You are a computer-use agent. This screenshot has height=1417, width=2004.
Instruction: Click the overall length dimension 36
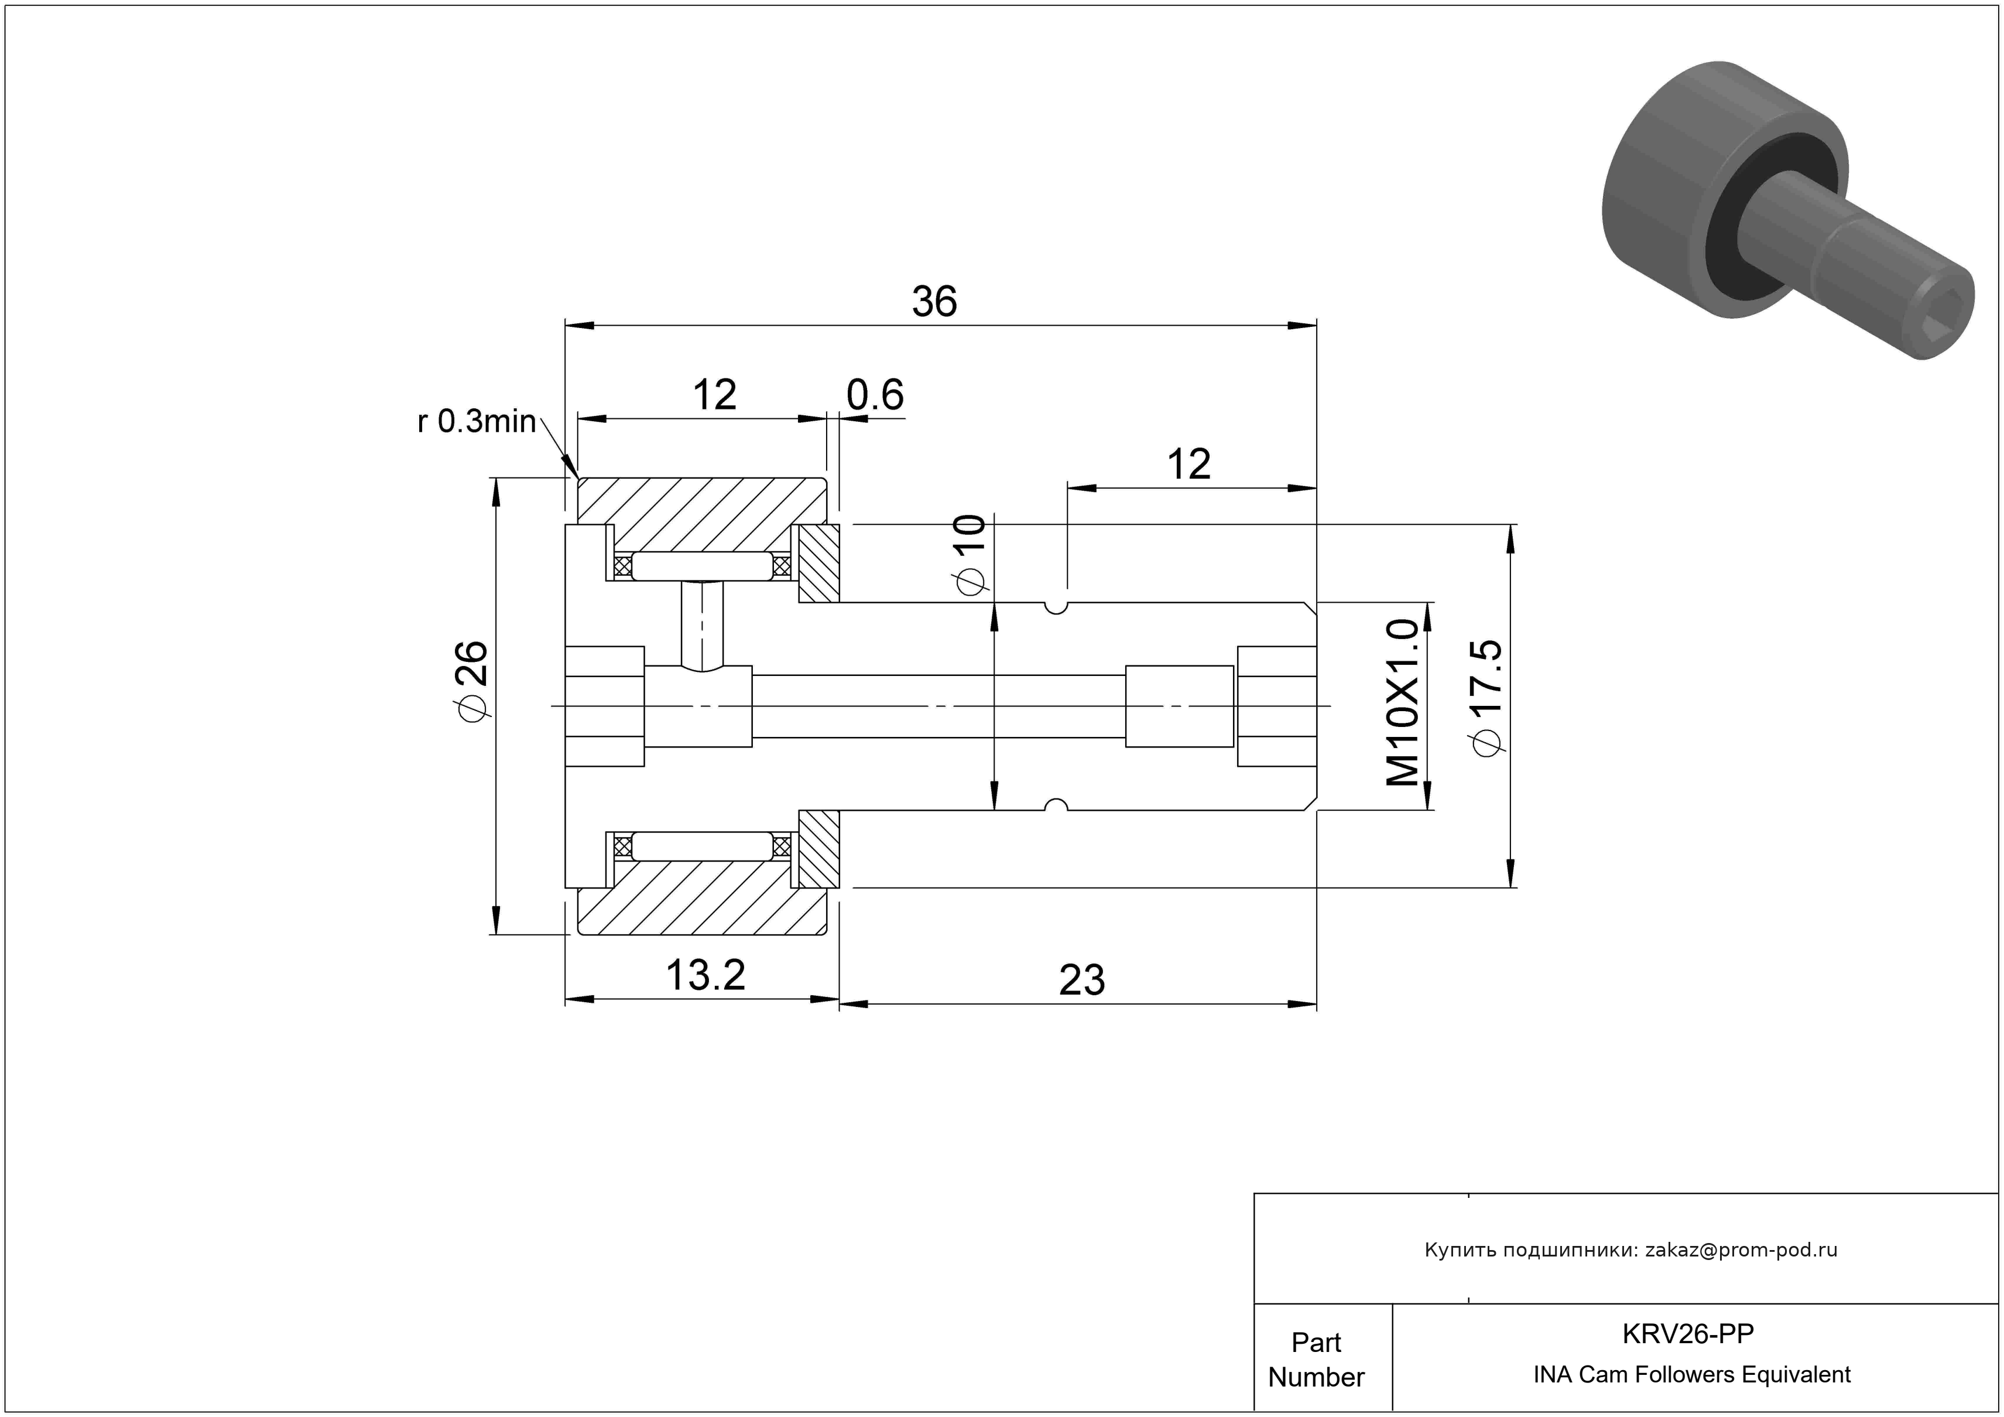coord(935,301)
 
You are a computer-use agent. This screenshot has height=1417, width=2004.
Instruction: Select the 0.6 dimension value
coord(875,395)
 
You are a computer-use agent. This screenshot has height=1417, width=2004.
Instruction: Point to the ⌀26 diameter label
coord(471,682)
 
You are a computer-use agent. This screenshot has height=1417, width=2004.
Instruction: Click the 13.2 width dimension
coord(705,975)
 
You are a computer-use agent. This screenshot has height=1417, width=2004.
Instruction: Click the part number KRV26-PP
coord(1687,1334)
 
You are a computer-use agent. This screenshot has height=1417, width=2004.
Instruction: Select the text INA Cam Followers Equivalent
coord(1691,1374)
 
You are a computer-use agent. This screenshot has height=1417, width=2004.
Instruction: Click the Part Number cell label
coord(1316,1360)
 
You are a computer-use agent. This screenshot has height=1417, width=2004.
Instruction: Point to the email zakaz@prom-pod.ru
coord(1741,1249)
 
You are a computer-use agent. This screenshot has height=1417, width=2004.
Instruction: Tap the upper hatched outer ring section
coord(703,513)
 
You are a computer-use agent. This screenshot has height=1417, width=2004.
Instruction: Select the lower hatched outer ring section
coord(703,899)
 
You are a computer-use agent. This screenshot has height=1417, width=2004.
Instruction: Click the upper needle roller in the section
coord(702,566)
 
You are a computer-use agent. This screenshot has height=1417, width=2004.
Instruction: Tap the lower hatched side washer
coord(818,849)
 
